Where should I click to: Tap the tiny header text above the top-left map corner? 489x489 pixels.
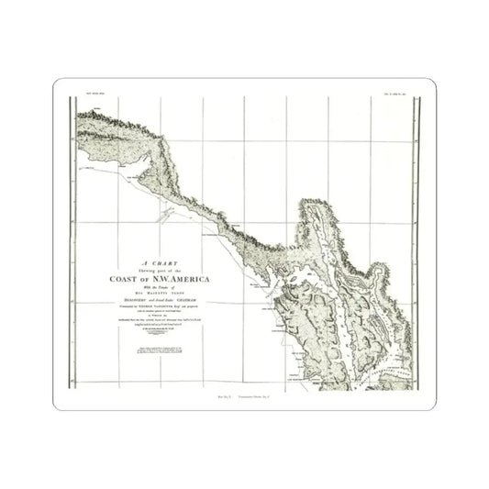pyautogui.click(x=89, y=95)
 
